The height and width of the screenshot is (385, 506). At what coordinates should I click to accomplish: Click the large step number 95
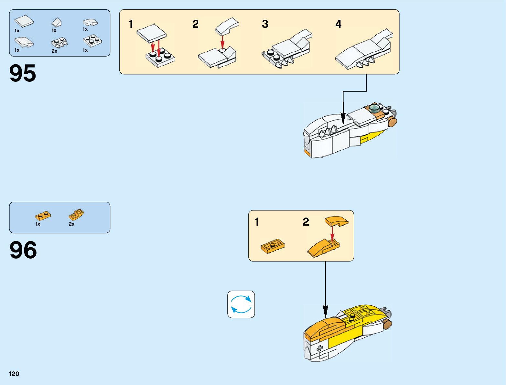23,73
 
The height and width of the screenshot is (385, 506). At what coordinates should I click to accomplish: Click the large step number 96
23,250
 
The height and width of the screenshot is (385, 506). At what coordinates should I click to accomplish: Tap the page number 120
14,374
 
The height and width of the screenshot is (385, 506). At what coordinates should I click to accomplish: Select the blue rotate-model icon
241,304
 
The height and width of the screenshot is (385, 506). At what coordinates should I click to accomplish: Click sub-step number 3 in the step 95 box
265,24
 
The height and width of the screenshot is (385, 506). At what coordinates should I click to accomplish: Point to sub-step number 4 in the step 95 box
338,24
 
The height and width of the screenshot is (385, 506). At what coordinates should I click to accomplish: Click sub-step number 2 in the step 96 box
306,222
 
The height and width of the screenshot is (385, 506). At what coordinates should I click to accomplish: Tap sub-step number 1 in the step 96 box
257,222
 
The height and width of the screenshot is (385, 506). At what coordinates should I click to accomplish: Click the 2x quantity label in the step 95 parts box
54,51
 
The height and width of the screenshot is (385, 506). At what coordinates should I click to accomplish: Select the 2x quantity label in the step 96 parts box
71,224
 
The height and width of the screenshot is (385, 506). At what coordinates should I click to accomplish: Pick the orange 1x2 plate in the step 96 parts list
43,216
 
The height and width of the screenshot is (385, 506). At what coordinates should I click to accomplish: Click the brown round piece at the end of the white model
393,122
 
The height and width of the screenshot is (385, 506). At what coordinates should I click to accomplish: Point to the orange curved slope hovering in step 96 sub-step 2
336,221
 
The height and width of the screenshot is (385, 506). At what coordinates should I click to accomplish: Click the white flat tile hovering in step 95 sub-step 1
151,32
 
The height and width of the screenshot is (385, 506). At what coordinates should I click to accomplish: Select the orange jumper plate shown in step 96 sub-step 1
273,247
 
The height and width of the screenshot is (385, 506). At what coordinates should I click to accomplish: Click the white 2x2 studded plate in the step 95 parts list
92,41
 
